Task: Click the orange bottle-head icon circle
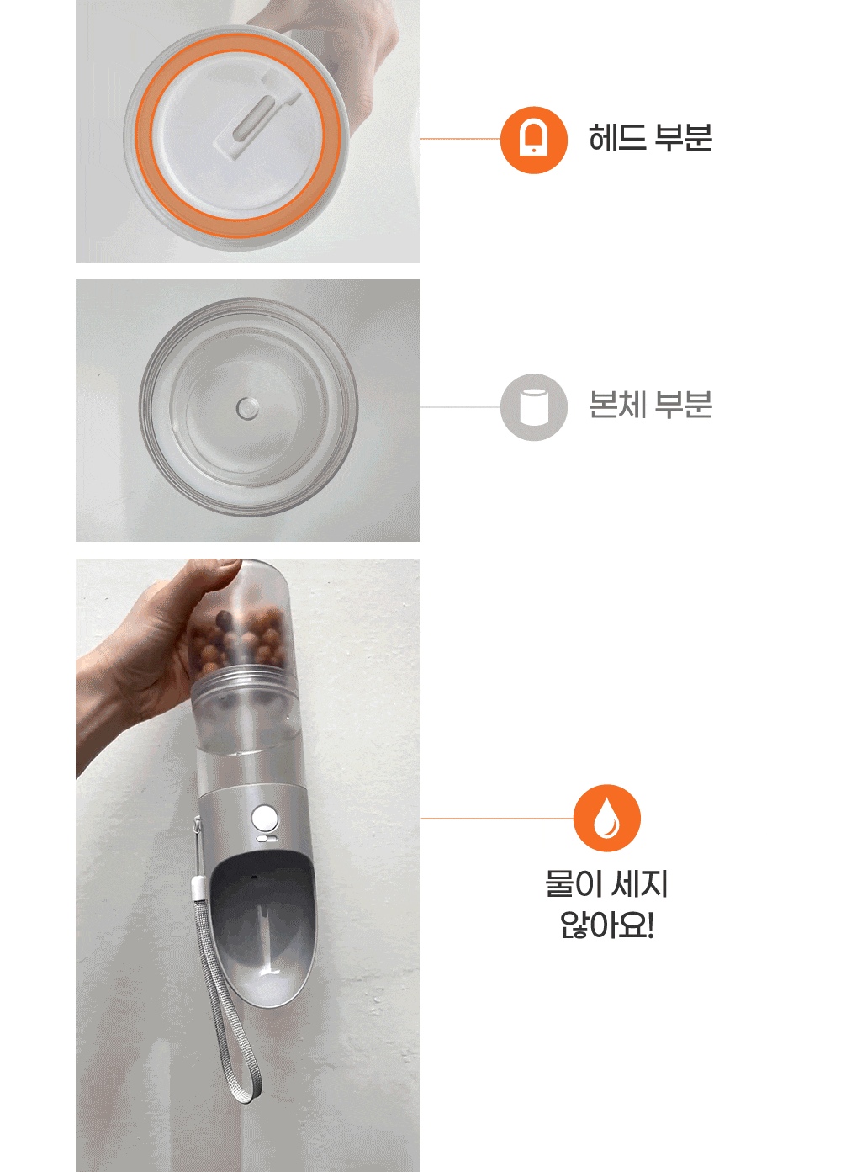[x=533, y=140]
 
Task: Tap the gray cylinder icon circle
[x=533, y=406]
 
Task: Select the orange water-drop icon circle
[x=606, y=818]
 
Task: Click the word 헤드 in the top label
[x=617, y=138]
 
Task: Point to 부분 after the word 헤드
[x=683, y=138]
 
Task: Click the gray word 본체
[x=617, y=405]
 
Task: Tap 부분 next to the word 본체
[x=683, y=405]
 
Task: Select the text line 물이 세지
[x=606, y=883]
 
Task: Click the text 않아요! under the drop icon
[x=606, y=925]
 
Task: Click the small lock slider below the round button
[x=266, y=838]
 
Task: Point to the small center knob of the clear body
[x=247, y=408]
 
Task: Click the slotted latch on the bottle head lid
[x=257, y=115]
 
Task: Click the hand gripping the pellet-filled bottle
[x=146, y=660]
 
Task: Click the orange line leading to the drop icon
[x=497, y=819]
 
